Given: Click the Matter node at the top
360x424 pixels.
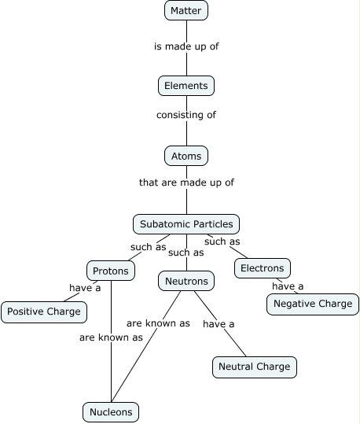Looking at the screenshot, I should (x=186, y=11).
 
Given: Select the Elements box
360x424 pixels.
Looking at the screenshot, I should (x=186, y=85).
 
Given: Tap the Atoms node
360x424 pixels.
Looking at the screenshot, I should (x=186, y=156).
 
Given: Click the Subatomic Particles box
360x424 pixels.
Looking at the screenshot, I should (x=186, y=224).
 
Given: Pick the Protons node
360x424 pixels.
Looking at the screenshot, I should (x=110, y=271).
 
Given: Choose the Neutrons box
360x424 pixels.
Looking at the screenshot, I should (x=186, y=281).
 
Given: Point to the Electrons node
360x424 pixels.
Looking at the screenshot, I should (x=262, y=268).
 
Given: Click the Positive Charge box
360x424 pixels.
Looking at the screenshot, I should (x=43, y=312).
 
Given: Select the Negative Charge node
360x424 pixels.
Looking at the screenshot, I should (x=313, y=304).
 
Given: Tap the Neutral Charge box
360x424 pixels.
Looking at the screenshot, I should (x=254, y=367).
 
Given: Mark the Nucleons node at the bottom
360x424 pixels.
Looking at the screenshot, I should (x=111, y=411).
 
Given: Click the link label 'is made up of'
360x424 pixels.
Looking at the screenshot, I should (x=186, y=46).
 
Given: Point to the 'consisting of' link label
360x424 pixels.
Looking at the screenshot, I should (x=186, y=115).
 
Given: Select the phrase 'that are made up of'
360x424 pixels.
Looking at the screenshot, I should (x=186, y=183).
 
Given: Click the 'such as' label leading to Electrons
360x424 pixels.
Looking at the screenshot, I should (x=222, y=241).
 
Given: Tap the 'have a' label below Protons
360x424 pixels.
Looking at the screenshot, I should (x=85, y=288).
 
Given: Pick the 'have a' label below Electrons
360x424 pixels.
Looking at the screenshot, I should (x=288, y=286).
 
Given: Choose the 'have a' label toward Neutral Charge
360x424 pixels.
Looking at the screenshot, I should (x=219, y=323).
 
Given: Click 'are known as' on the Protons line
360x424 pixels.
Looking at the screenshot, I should (x=111, y=337).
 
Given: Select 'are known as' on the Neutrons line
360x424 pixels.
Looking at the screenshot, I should (x=158, y=323).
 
